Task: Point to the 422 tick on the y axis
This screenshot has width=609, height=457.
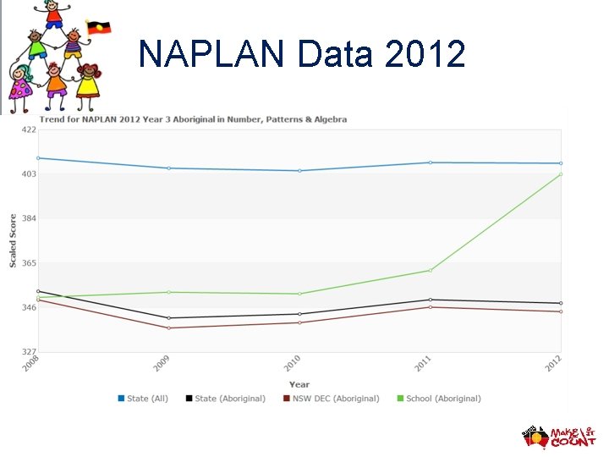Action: tap(28, 129)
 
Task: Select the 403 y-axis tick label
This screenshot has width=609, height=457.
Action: tap(28, 174)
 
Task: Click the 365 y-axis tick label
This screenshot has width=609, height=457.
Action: tap(28, 263)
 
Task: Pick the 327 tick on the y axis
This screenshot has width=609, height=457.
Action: tap(28, 352)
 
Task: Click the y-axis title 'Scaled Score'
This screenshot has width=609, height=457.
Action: tap(13, 240)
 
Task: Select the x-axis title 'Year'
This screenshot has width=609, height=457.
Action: tap(299, 384)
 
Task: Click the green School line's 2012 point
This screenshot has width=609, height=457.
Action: tap(561, 174)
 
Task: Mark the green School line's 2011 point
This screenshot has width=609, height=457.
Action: tap(431, 271)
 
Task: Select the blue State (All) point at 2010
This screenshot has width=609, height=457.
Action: tap(299, 171)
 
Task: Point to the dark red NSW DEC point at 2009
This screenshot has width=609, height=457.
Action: tap(168, 328)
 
